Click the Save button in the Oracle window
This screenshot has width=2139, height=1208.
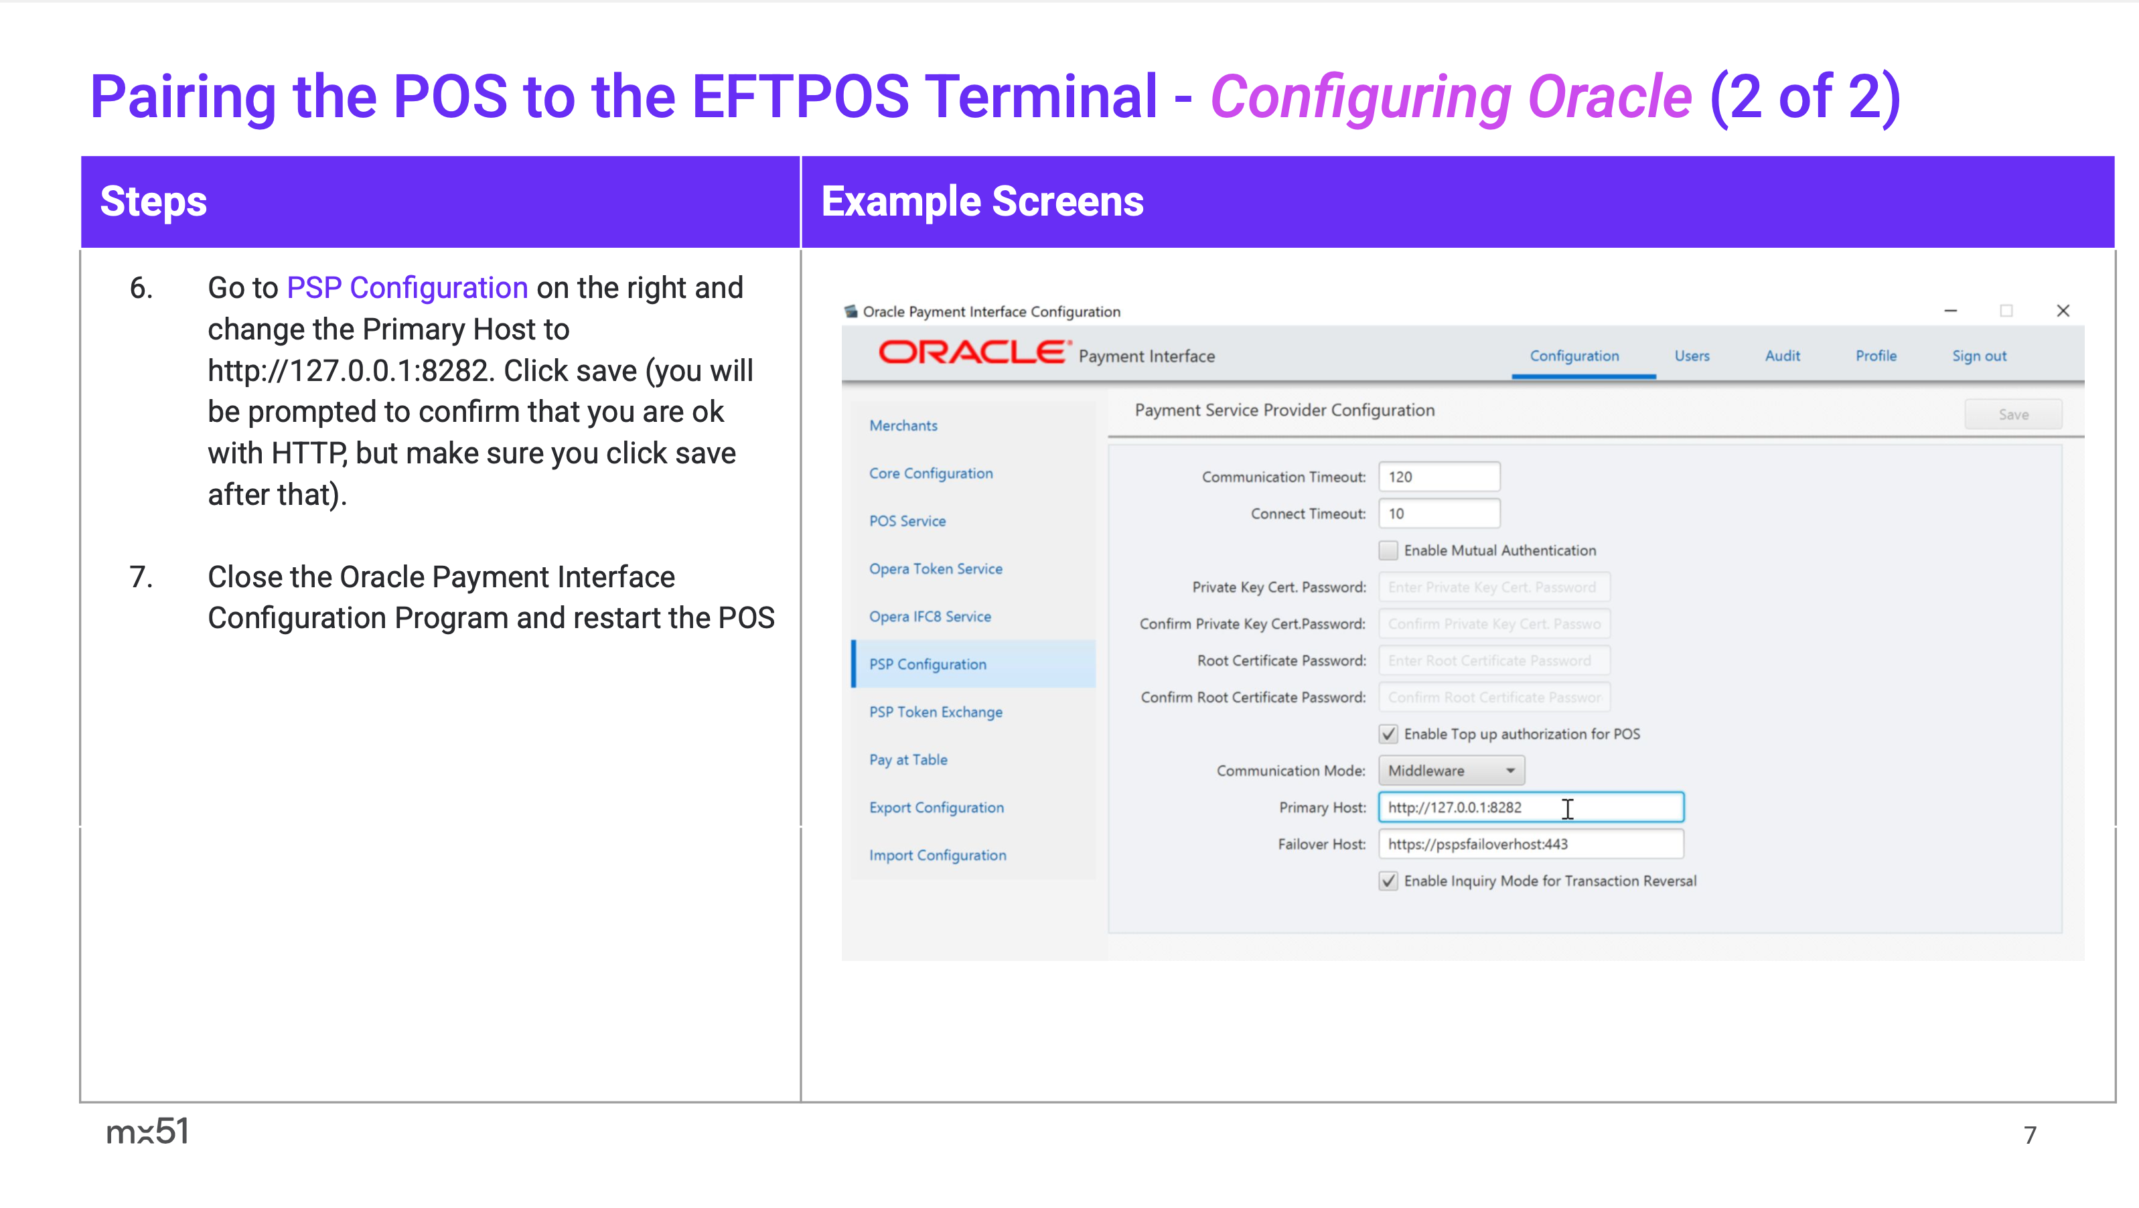point(2013,414)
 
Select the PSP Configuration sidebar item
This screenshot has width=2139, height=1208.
point(928,664)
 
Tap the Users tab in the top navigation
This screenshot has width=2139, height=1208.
point(1692,356)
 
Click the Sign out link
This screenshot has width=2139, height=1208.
point(1979,356)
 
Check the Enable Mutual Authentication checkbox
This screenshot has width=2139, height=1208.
point(1388,550)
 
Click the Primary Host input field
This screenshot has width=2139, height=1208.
point(1531,807)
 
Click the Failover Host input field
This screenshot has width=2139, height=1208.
point(1531,844)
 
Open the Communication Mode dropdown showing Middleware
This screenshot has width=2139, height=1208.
point(1451,771)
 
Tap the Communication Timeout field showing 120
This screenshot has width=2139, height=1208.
point(1439,477)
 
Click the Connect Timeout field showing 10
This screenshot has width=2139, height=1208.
point(1439,513)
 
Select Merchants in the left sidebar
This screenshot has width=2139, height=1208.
point(903,426)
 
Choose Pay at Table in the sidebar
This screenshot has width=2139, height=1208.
point(907,759)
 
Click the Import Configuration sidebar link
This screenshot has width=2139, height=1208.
point(938,855)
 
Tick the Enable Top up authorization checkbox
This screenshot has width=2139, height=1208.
point(1388,734)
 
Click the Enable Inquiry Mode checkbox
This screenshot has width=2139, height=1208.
point(1388,881)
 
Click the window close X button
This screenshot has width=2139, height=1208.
point(2063,311)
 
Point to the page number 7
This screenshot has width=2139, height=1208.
point(2029,1135)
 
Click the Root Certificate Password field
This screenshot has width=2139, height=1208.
point(1494,660)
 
